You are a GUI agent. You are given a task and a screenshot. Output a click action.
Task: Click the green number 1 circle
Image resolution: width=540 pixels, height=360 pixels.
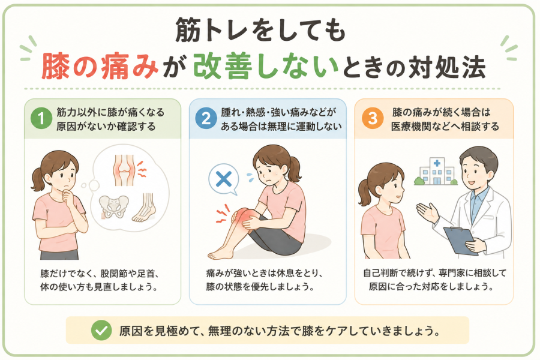(41, 119)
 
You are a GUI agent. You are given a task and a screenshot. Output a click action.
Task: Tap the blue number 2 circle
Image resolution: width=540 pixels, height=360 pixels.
(206, 119)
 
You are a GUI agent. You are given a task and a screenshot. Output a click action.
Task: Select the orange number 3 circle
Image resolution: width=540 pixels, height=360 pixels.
(373, 119)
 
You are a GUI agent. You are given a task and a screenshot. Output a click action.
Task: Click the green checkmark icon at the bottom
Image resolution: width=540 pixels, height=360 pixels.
(101, 331)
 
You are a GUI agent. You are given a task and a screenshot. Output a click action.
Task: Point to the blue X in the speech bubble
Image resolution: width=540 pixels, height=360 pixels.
(224, 179)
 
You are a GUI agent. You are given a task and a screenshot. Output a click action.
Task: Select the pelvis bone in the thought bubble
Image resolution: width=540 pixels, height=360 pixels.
(113, 206)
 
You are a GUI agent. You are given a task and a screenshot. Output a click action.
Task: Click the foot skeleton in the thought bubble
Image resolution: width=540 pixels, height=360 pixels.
(145, 208)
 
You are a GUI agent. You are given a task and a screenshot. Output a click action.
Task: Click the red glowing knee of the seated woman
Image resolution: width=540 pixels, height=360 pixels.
(242, 217)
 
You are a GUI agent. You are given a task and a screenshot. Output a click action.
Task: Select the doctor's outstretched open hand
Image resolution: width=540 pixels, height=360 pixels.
(427, 212)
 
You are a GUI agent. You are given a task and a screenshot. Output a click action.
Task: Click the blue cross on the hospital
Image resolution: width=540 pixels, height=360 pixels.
(437, 163)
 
